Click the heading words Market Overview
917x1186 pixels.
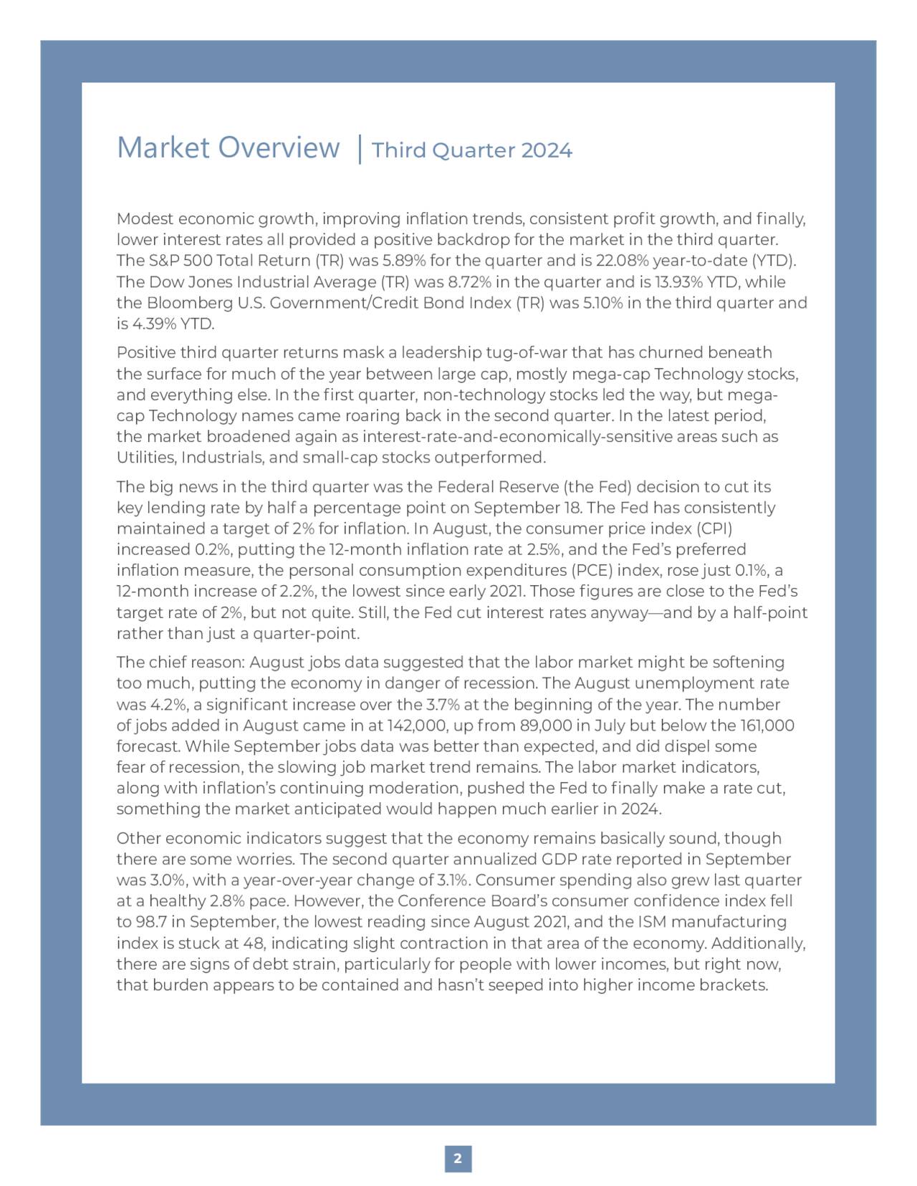pyautogui.click(x=228, y=148)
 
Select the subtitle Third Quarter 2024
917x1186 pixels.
pyautogui.click(x=472, y=150)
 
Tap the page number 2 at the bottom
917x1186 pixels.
pyautogui.click(x=458, y=1158)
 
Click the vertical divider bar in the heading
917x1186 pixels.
pyautogui.click(x=358, y=150)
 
